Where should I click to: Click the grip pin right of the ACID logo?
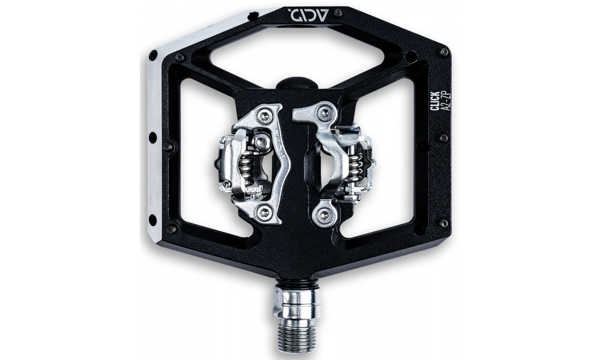coord(338,13)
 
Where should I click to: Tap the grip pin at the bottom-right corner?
coord(443,223)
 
